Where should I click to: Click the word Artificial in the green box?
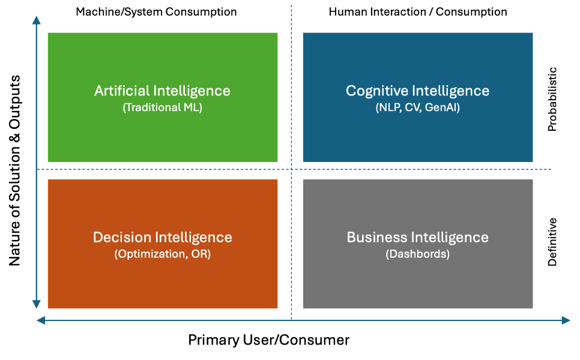[122, 91]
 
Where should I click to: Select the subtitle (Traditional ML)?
[162, 108]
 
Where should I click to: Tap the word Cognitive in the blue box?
[377, 91]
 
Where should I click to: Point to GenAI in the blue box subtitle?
[442, 108]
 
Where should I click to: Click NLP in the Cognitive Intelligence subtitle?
[388, 108]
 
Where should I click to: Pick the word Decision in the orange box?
[122, 237]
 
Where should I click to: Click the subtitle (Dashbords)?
[417, 254]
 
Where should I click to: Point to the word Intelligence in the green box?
[192, 91]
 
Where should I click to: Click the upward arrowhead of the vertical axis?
[37, 21]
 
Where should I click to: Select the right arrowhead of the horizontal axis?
[565, 320]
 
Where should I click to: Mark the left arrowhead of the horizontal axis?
[41, 320]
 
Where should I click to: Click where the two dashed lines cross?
[291, 169]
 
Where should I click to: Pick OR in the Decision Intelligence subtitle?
[201, 254]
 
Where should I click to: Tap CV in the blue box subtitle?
[412, 108]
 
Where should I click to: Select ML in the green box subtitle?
[192, 108]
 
